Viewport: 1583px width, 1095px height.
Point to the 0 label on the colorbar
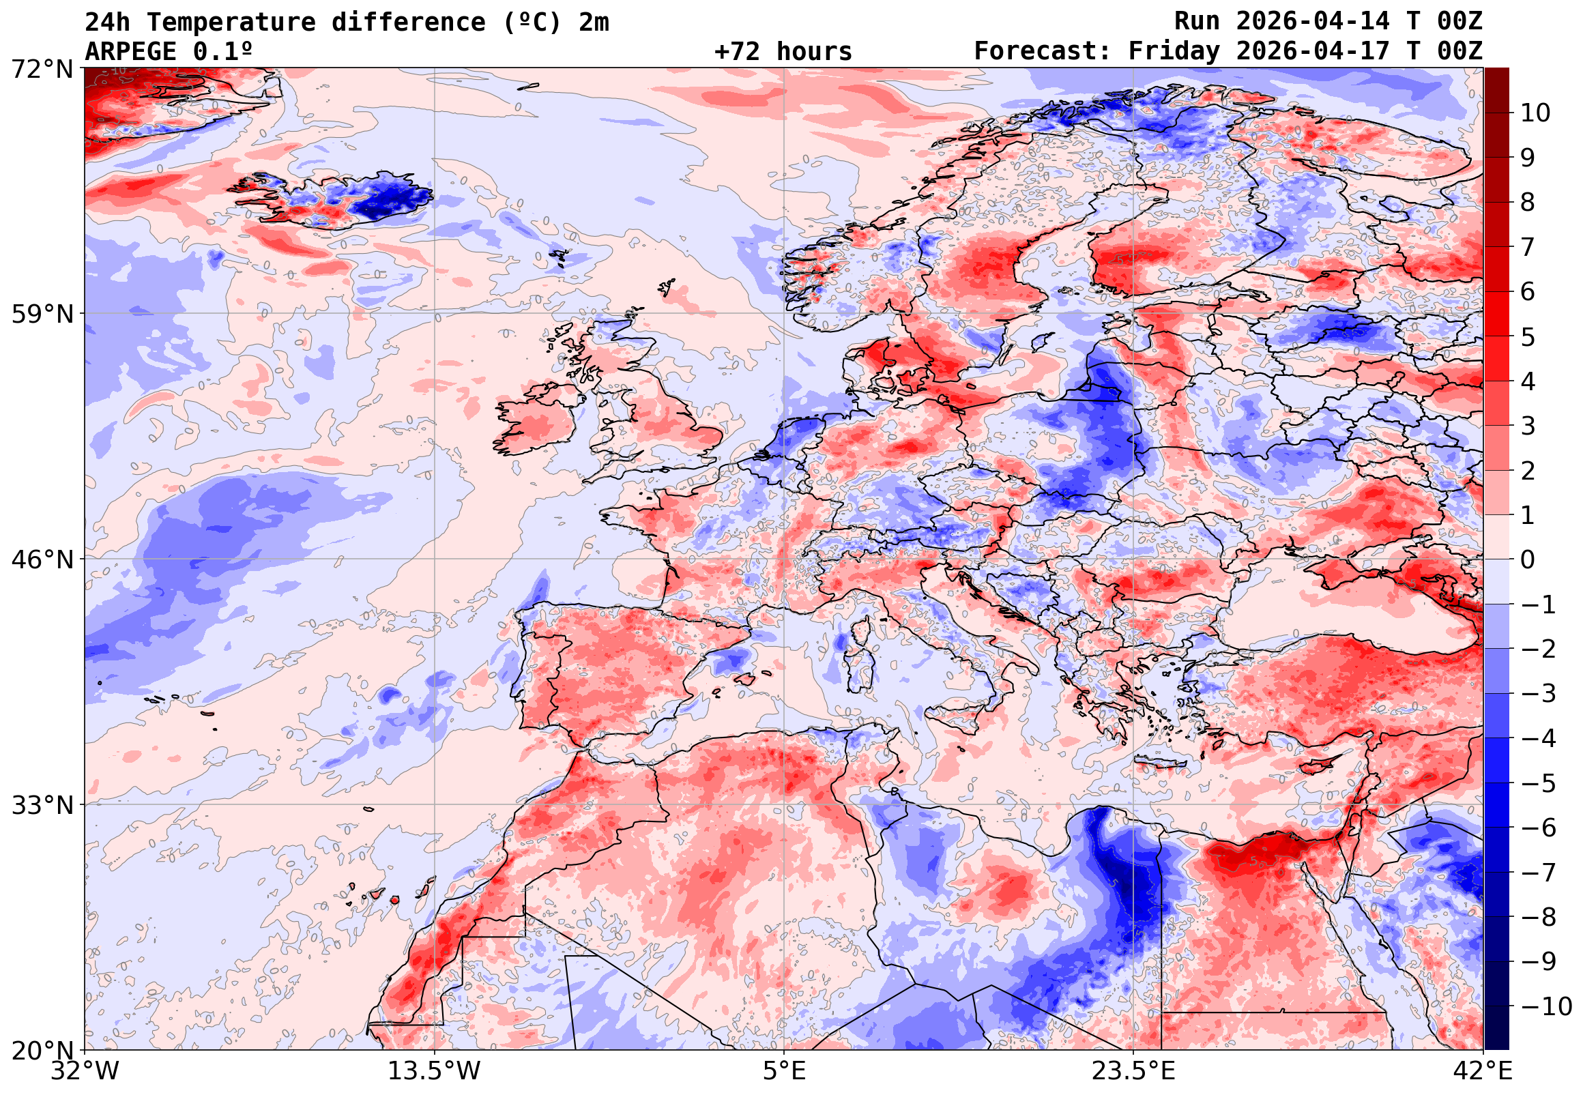tap(1528, 560)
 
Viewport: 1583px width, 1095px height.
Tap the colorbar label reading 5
tap(1528, 337)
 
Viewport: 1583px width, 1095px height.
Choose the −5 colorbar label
tap(1539, 783)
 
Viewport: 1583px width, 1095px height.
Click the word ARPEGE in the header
tap(130, 51)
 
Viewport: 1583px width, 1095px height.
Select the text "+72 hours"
tap(783, 51)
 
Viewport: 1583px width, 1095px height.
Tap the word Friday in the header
tap(1174, 51)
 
